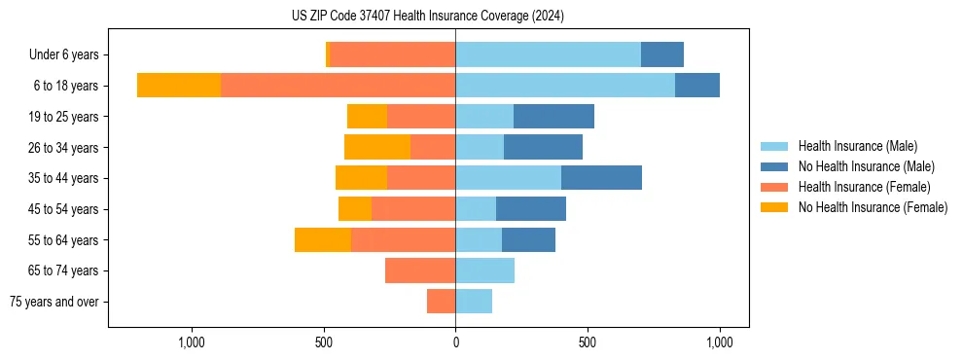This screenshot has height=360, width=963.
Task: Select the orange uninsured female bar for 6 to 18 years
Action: tap(179, 86)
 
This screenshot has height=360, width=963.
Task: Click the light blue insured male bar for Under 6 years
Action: tap(548, 54)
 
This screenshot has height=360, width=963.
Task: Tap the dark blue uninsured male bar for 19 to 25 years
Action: tap(553, 117)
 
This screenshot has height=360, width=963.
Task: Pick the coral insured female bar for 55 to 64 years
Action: tap(403, 240)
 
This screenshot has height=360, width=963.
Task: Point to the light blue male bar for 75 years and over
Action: tap(474, 302)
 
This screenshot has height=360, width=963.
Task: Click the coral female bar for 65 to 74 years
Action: tap(420, 270)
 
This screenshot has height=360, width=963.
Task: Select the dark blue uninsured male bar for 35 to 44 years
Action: tap(601, 178)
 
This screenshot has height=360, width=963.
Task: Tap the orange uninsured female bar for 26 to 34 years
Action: tap(377, 148)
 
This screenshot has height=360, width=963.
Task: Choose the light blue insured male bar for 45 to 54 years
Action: tap(476, 209)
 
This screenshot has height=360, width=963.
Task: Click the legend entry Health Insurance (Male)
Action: tap(857, 146)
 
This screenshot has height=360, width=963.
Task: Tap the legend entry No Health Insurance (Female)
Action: tap(873, 207)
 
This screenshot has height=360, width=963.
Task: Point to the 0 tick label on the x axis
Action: tap(455, 343)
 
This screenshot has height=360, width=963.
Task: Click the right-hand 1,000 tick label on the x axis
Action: tap(720, 343)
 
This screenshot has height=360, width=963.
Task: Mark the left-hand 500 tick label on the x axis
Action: tap(324, 343)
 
